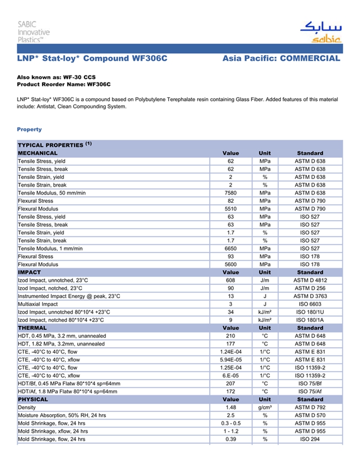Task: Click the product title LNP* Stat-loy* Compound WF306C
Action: [93, 59]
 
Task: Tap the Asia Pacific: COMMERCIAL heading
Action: [281, 59]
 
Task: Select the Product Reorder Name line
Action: [64, 84]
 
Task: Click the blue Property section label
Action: [29, 129]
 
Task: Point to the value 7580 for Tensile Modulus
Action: [230, 193]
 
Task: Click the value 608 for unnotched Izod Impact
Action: [230, 280]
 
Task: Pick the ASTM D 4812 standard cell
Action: [310, 280]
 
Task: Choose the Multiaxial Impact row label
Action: [38, 304]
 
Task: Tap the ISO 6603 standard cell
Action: [310, 304]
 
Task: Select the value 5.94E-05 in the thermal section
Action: [230, 360]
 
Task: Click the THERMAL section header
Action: [32, 328]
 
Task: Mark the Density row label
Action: [27, 407]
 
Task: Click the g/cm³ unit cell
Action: [265, 407]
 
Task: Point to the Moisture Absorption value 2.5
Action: [230, 416]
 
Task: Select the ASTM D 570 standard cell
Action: [310, 416]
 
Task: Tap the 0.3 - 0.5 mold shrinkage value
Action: [230, 423]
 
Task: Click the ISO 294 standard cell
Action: [310, 439]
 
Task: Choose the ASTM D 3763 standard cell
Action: [310, 296]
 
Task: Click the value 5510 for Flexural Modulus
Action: [230, 209]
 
